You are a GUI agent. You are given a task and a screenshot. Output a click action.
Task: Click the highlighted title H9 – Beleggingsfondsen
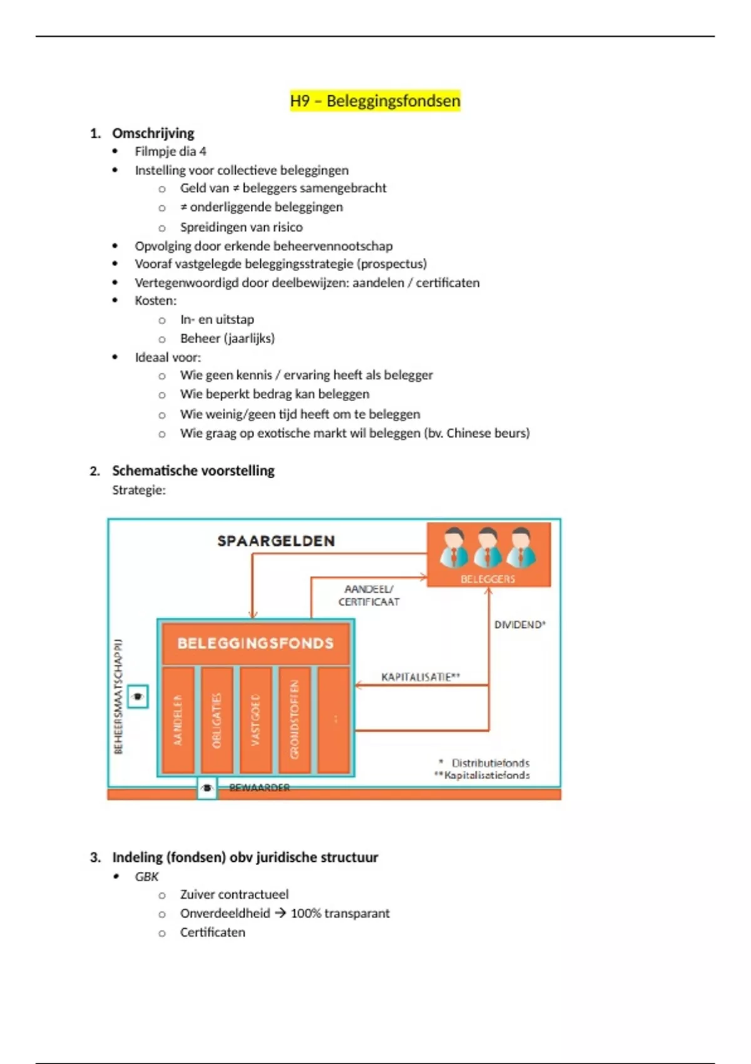(375, 101)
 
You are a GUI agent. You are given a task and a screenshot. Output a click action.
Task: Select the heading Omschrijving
(153, 133)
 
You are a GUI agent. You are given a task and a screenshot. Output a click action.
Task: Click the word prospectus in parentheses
(392, 263)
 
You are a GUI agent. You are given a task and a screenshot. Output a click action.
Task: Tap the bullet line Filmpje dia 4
(170, 151)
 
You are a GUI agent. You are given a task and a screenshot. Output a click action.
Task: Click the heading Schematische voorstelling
(193, 471)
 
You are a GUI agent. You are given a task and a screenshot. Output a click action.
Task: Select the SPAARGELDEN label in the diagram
(276, 541)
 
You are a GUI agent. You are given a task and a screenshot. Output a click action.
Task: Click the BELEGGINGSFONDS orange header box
(255, 643)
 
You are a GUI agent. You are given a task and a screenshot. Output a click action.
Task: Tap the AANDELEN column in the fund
(178, 720)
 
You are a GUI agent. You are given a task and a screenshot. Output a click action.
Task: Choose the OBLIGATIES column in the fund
(217, 720)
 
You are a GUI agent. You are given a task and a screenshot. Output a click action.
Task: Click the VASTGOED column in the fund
(255, 720)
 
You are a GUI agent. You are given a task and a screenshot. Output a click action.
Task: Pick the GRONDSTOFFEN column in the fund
(294, 720)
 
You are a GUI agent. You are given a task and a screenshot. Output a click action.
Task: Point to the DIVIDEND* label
(520, 625)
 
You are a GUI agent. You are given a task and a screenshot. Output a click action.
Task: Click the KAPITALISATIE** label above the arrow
(421, 677)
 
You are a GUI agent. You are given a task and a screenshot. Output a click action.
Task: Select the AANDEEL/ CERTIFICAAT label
(369, 595)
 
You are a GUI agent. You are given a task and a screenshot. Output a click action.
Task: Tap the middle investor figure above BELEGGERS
(487, 548)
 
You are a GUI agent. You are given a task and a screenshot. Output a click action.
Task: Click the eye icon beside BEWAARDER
(207, 788)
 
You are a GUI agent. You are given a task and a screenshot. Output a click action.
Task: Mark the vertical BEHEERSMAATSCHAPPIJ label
(118, 696)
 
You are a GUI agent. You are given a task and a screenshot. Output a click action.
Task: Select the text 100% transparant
(340, 913)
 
